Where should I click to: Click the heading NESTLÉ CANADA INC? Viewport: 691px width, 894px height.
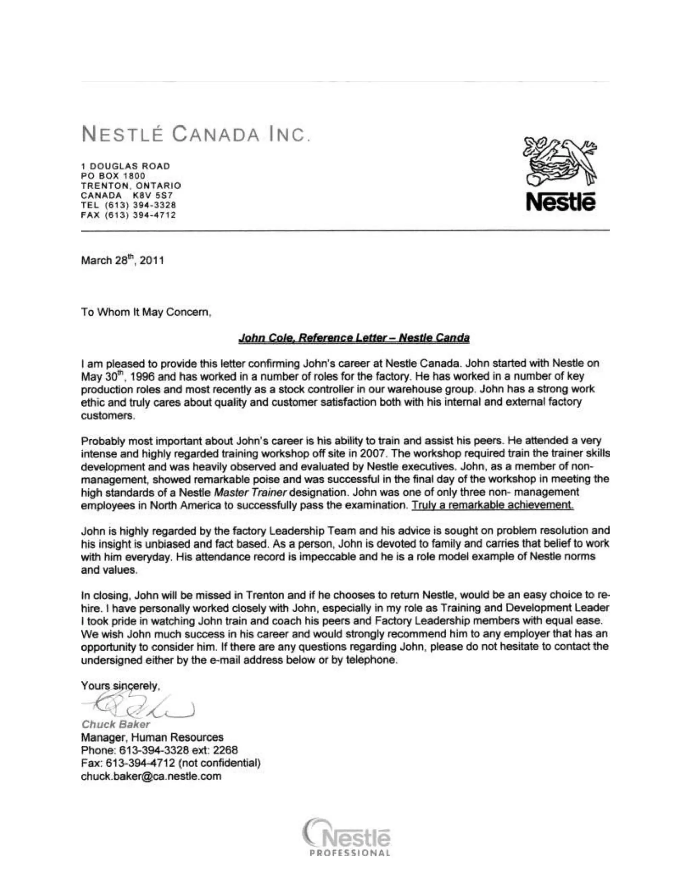point(196,134)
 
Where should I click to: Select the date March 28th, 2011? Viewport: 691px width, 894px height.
point(122,260)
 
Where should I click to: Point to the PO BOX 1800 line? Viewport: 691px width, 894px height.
point(113,176)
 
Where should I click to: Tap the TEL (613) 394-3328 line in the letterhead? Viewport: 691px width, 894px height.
point(129,205)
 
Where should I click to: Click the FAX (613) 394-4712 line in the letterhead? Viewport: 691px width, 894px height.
point(129,215)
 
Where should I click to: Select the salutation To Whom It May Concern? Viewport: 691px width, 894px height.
point(146,312)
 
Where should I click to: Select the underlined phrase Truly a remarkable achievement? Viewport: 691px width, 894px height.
point(493,505)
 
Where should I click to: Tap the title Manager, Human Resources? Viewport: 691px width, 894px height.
point(152,737)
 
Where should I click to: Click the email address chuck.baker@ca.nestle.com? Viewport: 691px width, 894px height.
point(151,776)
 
